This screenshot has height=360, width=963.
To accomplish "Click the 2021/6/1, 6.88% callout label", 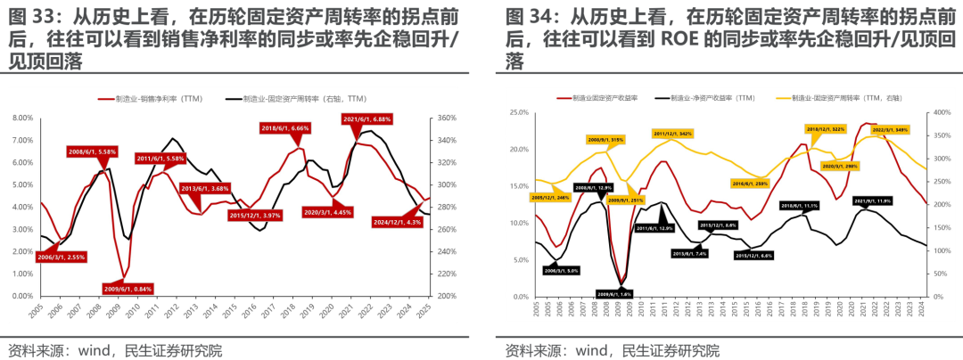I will click(366, 119).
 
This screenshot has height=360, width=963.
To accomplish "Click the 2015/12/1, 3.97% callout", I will click(253, 215).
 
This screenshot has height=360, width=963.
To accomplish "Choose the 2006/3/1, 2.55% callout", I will click(38, 256).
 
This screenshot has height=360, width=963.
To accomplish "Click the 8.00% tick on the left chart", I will click(22, 118).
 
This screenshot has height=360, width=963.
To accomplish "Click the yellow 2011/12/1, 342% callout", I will click(672, 134).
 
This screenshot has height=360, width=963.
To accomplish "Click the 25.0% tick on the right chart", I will click(518, 112).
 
